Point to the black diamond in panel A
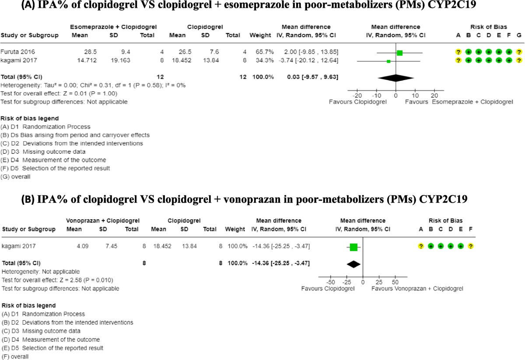pos(395,78)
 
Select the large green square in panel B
pos(353,247)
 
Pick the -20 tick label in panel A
pos(357,96)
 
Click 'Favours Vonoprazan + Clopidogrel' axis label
pos(417,289)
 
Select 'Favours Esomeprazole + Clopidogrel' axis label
pos(459,102)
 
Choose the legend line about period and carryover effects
pos(75,135)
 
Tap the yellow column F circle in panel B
pos(470,247)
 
